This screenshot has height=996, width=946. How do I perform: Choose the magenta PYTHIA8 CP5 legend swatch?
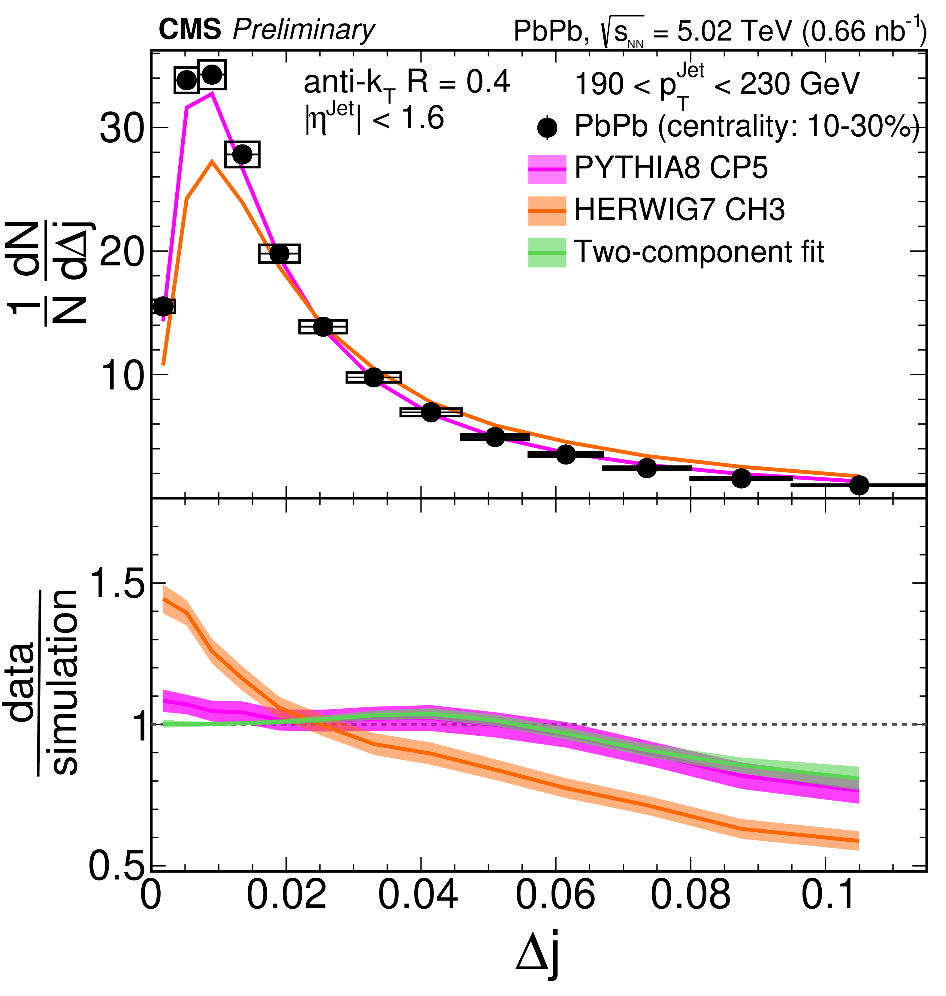[x=547, y=169]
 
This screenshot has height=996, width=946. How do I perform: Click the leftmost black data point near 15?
[x=162, y=306]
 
